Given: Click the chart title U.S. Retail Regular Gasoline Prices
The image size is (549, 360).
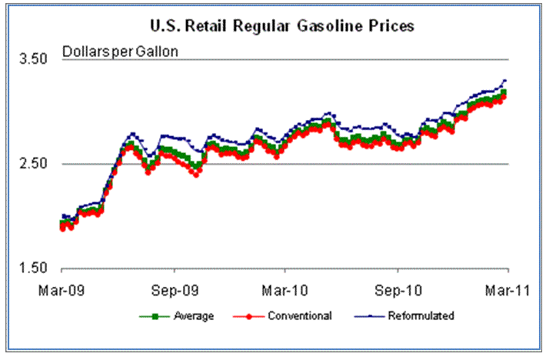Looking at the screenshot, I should click(281, 26).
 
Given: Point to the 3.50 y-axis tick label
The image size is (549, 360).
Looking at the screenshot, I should click(33, 59).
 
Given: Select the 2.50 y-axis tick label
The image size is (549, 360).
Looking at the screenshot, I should click(33, 164).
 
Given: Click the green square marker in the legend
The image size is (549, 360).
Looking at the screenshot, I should click(155, 315).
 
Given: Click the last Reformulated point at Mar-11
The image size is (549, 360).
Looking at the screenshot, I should click(505, 80).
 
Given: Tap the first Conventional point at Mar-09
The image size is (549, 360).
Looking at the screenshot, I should click(62, 228).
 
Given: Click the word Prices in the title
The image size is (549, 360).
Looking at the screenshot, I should click(392, 26).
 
